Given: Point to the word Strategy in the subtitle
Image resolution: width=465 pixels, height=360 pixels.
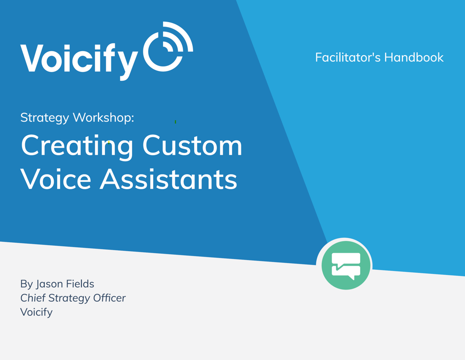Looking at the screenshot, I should pos(45,118).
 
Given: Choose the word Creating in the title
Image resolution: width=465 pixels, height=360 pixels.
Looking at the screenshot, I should pos(77,146).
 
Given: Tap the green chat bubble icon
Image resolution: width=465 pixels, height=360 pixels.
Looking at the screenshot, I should pos(346,265).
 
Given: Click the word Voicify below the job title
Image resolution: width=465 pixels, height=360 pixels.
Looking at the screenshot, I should pos(36,312).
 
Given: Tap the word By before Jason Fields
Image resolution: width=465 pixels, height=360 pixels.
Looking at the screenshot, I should pos(26,284).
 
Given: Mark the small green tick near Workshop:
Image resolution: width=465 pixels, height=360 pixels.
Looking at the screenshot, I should pos(175,121).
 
